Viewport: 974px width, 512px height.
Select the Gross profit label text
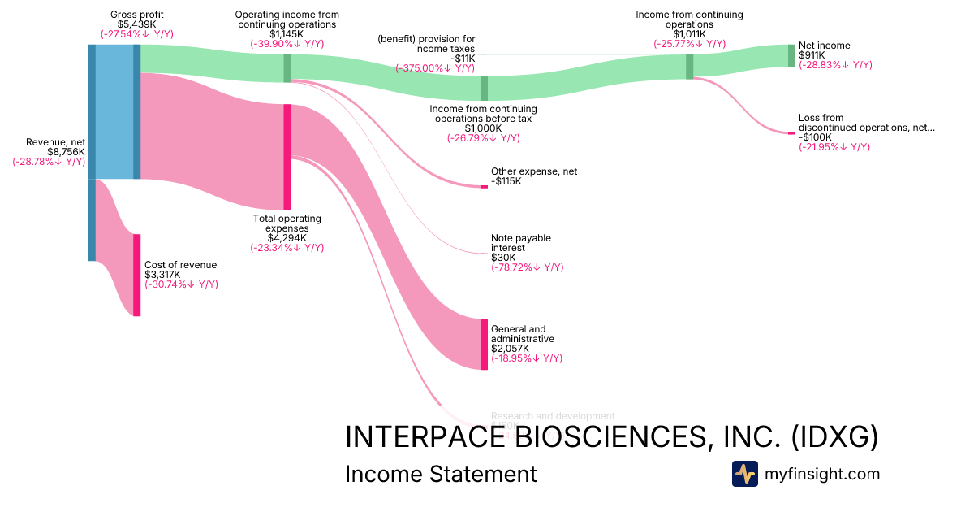pyautogui.click(x=136, y=15)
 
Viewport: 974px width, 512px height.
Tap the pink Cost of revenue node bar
pyautogui.click(x=137, y=275)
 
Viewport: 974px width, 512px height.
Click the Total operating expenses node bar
pyautogui.click(x=287, y=157)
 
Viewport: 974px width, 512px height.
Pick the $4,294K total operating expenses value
pyautogui.click(x=287, y=238)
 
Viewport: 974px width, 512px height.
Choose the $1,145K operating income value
pyautogui.click(x=287, y=34)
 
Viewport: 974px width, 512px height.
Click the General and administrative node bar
pyautogui.click(x=484, y=345)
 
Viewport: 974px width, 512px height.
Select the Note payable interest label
pyautogui.click(x=520, y=243)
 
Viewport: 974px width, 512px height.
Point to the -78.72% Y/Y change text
pyautogui.click(x=527, y=267)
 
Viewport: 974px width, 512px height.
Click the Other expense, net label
pyautogui.click(x=533, y=172)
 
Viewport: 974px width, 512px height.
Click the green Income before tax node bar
pyautogui.click(x=484, y=88)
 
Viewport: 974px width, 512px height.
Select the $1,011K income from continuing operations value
pyautogui.click(x=689, y=34)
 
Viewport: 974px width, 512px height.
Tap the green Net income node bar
pyautogui.click(x=791, y=55)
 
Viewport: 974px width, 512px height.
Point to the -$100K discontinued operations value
pyautogui.click(x=815, y=137)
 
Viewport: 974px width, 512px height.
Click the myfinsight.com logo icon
pyautogui.click(x=744, y=474)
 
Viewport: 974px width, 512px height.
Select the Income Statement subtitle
pyautogui.click(x=441, y=474)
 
